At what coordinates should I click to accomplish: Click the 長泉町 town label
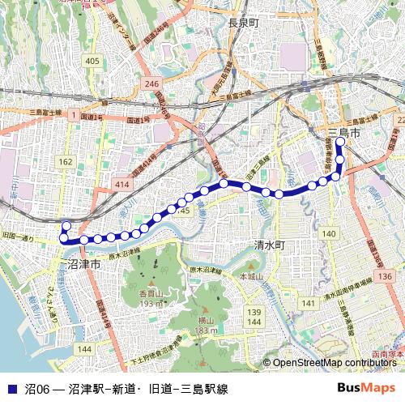243,23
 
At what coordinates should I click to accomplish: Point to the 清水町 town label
270,245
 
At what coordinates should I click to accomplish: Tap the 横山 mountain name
206,321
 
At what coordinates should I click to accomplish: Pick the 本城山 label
251,277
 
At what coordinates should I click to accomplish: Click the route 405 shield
92,62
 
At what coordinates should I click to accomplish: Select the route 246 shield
152,83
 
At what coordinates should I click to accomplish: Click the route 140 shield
328,233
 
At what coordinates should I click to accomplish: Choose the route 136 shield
387,276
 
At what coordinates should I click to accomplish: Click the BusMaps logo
366,388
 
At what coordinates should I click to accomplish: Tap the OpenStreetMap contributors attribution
335,364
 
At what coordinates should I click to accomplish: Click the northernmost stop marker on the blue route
340,143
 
